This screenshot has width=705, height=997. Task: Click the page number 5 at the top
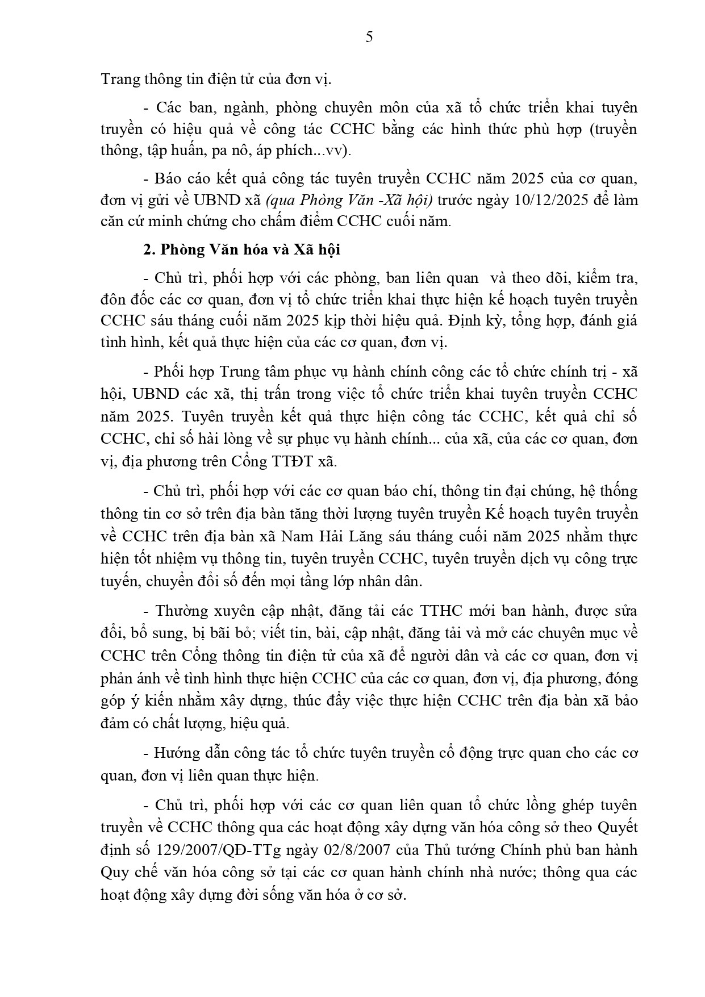(369, 37)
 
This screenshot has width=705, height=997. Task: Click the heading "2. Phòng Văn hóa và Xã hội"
(241, 250)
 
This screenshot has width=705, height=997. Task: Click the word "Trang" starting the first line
(118, 79)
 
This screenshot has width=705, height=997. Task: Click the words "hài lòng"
(208, 439)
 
